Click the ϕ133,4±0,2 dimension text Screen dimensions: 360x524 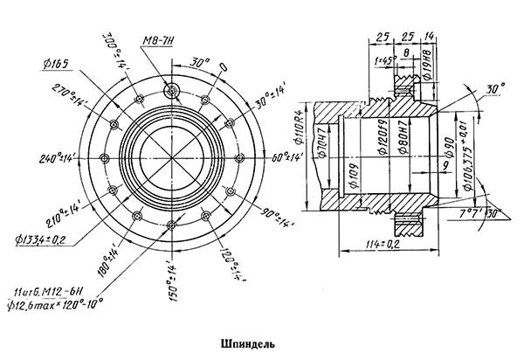[x=46, y=236]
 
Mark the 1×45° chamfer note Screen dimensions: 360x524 [x=384, y=61]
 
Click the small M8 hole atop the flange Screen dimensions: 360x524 [x=173, y=89]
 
